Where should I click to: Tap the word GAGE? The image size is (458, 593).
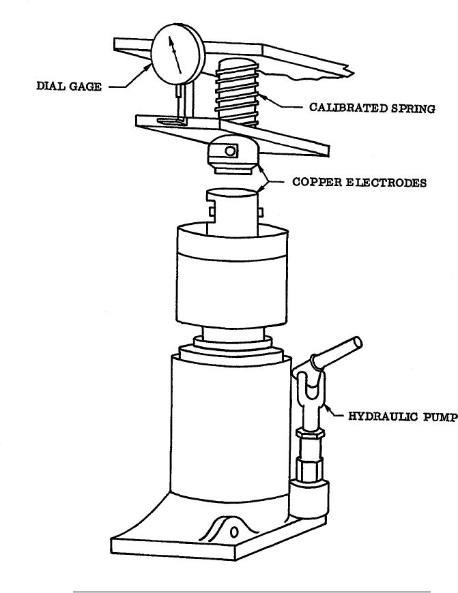pyautogui.click(x=85, y=87)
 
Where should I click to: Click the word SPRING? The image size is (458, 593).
pyautogui.click(x=414, y=108)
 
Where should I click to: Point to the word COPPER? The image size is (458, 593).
pyautogui.click(x=317, y=182)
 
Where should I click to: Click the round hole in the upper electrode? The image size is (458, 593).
pyautogui.click(x=230, y=151)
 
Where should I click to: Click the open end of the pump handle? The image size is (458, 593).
pyautogui.click(x=356, y=343)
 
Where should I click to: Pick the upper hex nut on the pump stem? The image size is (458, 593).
pyautogui.click(x=311, y=433)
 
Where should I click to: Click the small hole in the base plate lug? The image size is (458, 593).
pyautogui.click(x=234, y=532)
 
